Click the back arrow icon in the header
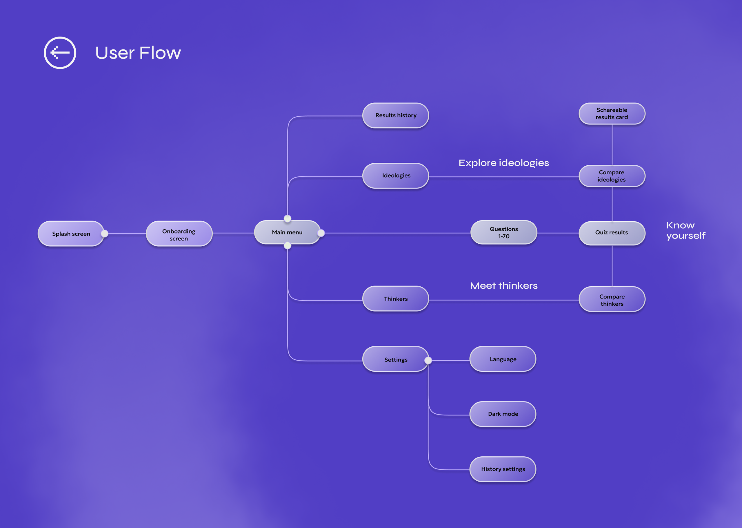pos(60,53)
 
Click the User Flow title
pos(138,53)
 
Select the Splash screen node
pos(71,234)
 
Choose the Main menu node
pos(287,232)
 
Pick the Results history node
pos(396,115)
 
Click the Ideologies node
pos(396,176)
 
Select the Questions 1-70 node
pos(504,232)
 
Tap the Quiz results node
pos(612,233)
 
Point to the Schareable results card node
pos(612,113)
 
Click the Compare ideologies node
pos(612,176)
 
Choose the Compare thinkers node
pos(612,299)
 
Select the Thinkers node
pos(396,299)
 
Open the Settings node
pos(396,359)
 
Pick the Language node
pos(503,359)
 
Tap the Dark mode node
pos(503,414)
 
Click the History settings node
pos(503,469)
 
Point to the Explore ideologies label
pos(504,163)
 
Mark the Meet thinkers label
pos(504,286)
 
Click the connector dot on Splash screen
pos(105,234)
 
